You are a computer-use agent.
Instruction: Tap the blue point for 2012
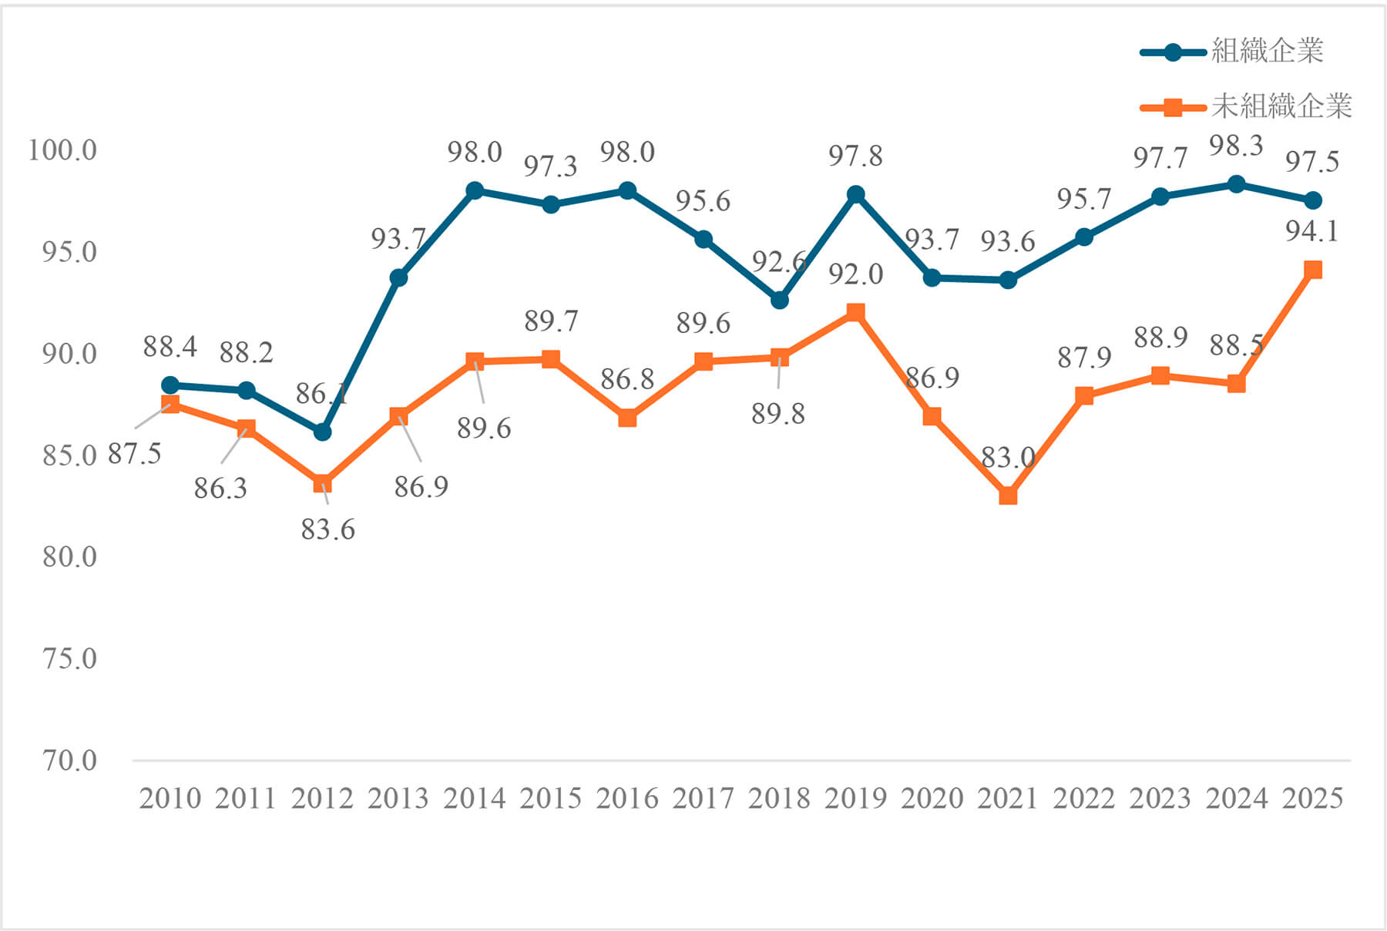pyautogui.click(x=322, y=432)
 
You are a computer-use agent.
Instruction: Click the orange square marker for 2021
pyautogui.click(x=1008, y=496)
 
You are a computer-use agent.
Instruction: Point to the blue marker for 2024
pyautogui.click(x=1236, y=184)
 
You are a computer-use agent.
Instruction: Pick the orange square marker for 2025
pyautogui.click(x=1313, y=270)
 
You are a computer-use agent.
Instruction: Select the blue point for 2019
pyautogui.click(x=855, y=194)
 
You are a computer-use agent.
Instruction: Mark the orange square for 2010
pyautogui.click(x=170, y=405)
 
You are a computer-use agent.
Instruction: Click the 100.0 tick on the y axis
pyautogui.click(x=62, y=150)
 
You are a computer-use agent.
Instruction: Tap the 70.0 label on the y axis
pyautogui.click(x=70, y=761)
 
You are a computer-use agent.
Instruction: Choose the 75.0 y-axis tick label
pyautogui.click(x=70, y=659)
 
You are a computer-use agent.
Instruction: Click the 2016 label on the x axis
pyautogui.click(x=627, y=798)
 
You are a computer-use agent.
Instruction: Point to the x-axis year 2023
pyautogui.click(x=1160, y=798)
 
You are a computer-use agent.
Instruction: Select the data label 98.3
pyautogui.click(x=1236, y=145)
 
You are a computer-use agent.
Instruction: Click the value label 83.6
pyautogui.click(x=328, y=529)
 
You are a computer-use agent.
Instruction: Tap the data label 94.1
pyautogui.click(x=1312, y=230)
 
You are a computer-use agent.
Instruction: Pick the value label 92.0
pyautogui.click(x=855, y=274)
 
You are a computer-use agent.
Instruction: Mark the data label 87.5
pyautogui.click(x=134, y=454)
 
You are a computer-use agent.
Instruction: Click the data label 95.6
pyautogui.click(x=703, y=201)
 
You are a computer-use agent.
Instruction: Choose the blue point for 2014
pyautogui.click(x=475, y=190)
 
